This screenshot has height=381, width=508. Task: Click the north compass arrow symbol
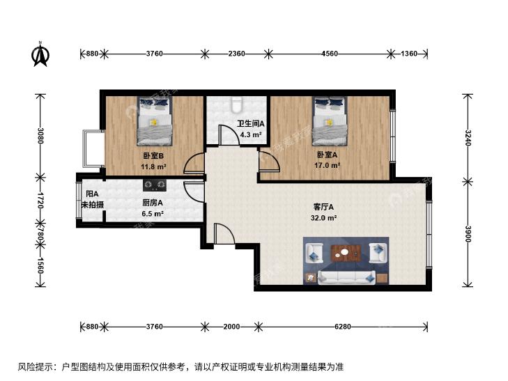click(41, 54)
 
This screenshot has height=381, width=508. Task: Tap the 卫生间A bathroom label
click(250, 124)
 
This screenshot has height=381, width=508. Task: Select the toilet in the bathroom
click(237, 104)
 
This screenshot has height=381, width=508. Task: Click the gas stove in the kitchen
click(155, 185)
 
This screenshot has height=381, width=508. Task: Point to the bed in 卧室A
click(330, 121)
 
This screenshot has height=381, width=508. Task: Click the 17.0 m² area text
click(327, 165)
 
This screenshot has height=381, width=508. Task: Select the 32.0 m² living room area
click(323, 218)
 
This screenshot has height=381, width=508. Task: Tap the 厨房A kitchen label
click(153, 203)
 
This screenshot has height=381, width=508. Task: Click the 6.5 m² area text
click(153, 214)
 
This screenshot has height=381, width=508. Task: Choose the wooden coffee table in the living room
click(346, 252)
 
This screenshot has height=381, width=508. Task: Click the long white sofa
click(346, 278)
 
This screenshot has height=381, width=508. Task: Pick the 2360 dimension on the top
click(236, 54)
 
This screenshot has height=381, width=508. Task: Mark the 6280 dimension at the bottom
click(343, 327)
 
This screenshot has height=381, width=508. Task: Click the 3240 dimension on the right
click(468, 138)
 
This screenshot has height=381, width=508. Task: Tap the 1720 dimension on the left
click(40, 200)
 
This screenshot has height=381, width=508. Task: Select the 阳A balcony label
click(92, 194)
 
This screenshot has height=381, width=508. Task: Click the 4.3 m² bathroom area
click(250, 134)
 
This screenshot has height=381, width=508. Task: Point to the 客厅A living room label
click(323, 207)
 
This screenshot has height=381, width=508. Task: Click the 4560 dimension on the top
click(330, 54)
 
